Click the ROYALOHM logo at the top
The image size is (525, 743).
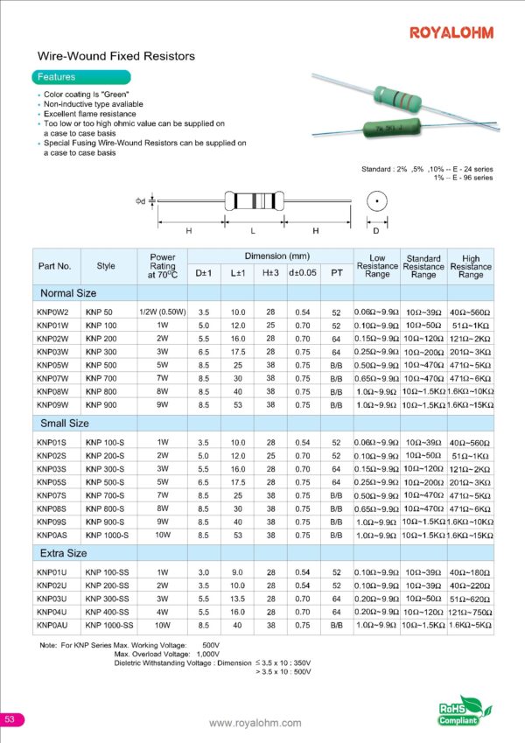tap(451, 32)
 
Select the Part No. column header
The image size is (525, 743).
tap(54, 266)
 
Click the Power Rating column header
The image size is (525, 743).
tap(163, 266)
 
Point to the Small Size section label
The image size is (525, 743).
tap(62, 424)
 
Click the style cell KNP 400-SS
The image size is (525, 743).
tap(107, 613)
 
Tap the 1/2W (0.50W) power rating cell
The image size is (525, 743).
tap(163, 312)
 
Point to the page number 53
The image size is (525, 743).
tap(10, 719)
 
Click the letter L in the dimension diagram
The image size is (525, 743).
tap(252, 231)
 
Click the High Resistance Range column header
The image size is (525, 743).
tap(471, 266)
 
